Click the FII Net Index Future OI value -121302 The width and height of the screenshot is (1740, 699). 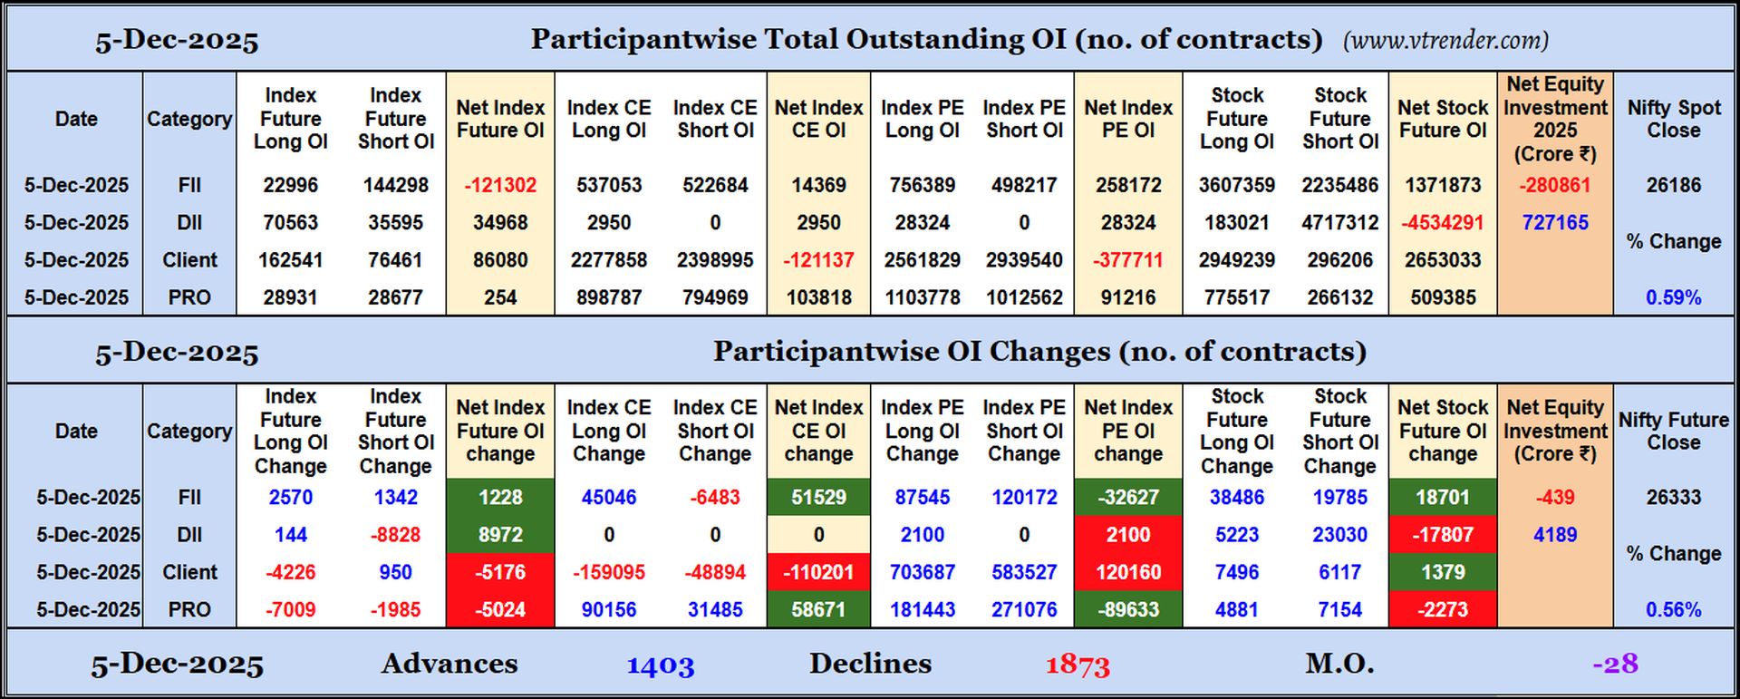pyautogui.click(x=500, y=185)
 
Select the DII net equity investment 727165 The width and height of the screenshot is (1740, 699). pyautogui.click(x=1555, y=222)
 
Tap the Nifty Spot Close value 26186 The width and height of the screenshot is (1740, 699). pyautogui.click(x=1674, y=185)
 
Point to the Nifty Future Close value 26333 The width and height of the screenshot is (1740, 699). pyautogui.click(x=1674, y=497)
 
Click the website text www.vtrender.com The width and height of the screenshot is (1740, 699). pyautogui.click(x=1446, y=41)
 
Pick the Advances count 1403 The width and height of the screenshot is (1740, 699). pyautogui.click(x=661, y=665)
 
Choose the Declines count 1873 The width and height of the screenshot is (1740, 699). pyautogui.click(x=1078, y=665)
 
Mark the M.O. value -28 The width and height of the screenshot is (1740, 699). pyautogui.click(x=1615, y=664)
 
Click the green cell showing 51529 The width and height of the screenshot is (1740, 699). pyautogui.click(x=818, y=497)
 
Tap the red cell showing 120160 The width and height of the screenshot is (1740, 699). pyautogui.click(x=1128, y=572)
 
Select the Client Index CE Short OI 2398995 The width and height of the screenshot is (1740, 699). pyautogui.click(x=715, y=260)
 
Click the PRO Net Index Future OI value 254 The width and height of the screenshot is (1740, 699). pyautogui.click(x=500, y=297)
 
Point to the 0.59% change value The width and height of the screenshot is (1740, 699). pyautogui.click(x=1674, y=297)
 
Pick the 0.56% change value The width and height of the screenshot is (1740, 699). pyautogui.click(x=1674, y=609)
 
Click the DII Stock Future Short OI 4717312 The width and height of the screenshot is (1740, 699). pyautogui.click(x=1340, y=222)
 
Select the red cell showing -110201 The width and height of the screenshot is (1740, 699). pyautogui.click(x=818, y=572)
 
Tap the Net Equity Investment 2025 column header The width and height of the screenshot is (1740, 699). pyautogui.click(x=1555, y=119)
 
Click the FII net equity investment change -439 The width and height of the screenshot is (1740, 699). pyautogui.click(x=1555, y=497)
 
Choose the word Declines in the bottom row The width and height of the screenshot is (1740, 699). pyautogui.click(x=870, y=664)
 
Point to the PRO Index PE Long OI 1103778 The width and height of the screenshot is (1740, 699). pyautogui.click(x=922, y=297)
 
